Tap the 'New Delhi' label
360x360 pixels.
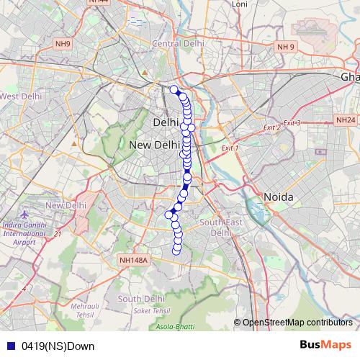pyautogui.click(x=154, y=145)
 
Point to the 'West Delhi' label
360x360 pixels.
pyautogui.click(x=21, y=96)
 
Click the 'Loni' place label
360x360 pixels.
pyautogui.click(x=239, y=4)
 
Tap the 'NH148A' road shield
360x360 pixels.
pyautogui.click(x=132, y=261)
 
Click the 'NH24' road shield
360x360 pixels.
pyautogui.click(x=346, y=120)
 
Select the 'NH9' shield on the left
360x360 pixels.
pyautogui.click(x=63, y=45)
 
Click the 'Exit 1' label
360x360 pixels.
pyautogui.click(x=230, y=148)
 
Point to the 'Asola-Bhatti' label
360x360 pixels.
pyautogui.click(x=176, y=327)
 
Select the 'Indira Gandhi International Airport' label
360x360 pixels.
pyautogui.click(x=28, y=233)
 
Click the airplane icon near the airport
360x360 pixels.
pyautogui.click(x=25, y=215)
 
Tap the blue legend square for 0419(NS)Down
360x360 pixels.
pyautogui.click(x=10, y=346)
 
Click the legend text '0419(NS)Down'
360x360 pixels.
pyautogui.click(x=58, y=346)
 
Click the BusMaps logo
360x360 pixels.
pyautogui.click(x=325, y=345)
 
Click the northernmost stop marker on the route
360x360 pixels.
pyautogui.click(x=174, y=90)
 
